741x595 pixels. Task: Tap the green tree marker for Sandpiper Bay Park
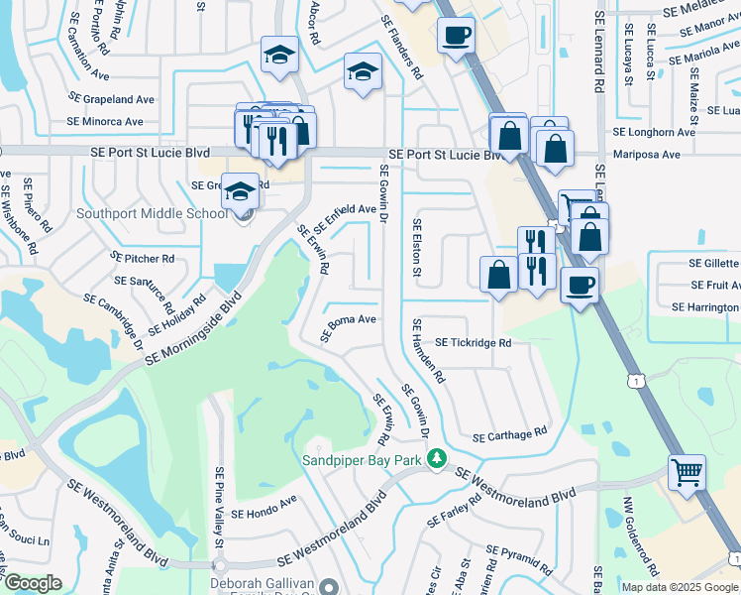pos(435,458)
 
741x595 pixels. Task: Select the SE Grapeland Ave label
pos(111,99)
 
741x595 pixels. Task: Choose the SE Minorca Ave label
pos(106,122)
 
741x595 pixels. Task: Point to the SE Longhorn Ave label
pos(654,132)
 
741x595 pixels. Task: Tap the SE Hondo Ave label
pos(264,514)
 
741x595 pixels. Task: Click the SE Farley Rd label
pos(455,510)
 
